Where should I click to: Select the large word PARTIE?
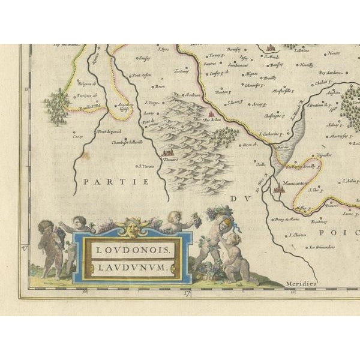107,180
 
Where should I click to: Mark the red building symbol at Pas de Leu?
211,112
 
